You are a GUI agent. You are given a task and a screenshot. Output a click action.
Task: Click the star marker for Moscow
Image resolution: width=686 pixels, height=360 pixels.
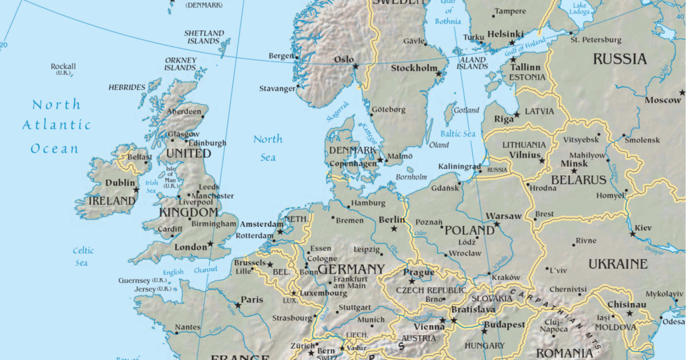pos(682,93)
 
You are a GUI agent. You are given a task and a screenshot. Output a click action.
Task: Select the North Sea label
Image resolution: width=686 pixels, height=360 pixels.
pos(268,147)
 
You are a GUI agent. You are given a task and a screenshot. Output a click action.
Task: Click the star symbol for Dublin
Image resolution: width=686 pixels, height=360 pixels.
pos(136,190)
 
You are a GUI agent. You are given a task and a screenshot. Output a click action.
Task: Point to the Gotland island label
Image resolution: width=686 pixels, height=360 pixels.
pos(466,110)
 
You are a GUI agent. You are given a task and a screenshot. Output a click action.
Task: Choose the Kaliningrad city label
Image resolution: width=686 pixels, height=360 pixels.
pos(459,166)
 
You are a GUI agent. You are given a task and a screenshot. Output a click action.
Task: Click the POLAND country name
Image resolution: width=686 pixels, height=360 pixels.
pos(469,230)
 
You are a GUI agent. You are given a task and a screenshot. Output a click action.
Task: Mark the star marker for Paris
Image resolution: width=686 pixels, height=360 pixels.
pos(238,305)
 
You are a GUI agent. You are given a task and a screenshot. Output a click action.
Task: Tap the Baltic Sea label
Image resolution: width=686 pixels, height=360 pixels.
pos(458,134)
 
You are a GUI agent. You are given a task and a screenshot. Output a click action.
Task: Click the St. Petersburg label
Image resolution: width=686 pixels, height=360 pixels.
pos(596,40)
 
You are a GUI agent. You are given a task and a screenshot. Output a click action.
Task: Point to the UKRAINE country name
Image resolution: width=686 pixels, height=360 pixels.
pos(617,264)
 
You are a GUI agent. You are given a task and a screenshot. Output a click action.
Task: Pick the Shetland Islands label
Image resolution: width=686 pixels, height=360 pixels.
pos(204,37)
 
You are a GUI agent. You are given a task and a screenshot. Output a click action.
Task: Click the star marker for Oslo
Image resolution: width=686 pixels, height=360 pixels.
pos(356,67)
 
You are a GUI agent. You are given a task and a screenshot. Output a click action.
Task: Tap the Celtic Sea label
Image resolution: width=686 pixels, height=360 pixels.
pos(82,257)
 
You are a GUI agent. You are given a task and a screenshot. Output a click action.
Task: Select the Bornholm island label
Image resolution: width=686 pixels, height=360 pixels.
pos(412,177)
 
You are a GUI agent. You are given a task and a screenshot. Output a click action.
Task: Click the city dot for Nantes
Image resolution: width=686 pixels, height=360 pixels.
pos(176,332)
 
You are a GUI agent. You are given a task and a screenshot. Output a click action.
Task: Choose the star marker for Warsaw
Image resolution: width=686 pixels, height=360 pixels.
pos(497,224)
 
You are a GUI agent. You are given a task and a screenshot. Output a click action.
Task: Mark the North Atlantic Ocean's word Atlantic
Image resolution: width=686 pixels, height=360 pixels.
pos(56,125)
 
